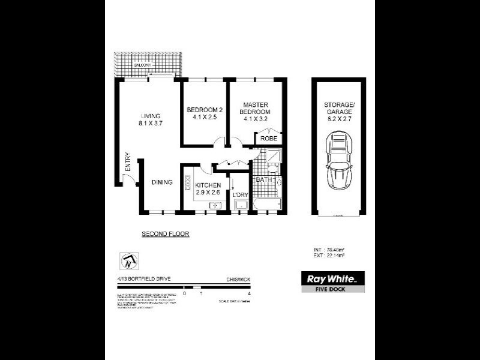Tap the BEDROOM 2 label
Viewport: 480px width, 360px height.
[x=205, y=110]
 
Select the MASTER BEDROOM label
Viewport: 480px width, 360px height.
[x=254, y=107]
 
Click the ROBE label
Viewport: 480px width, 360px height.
[x=268, y=137]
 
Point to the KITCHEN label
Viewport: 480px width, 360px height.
[x=208, y=185]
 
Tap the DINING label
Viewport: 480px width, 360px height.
[x=162, y=182]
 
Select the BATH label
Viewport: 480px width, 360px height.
[x=265, y=179]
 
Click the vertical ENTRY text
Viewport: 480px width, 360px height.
[x=128, y=164]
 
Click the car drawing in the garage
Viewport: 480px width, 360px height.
[x=337, y=161]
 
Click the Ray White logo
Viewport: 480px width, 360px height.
[x=332, y=279]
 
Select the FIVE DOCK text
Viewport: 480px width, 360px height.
[x=332, y=289]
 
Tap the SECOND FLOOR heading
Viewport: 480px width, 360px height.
[x=165, y=234]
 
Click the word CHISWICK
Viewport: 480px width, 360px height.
[x=239, y=279]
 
